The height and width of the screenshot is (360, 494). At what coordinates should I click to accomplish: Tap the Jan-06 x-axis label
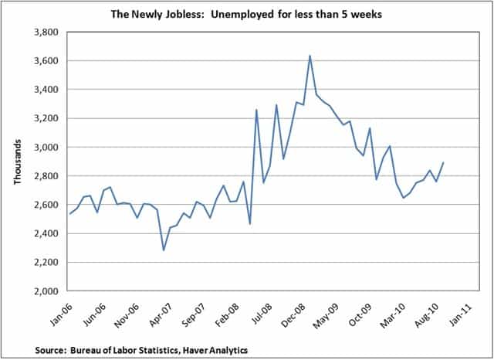pos(58,310)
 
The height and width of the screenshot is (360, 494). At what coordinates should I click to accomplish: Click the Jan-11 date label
pos(462,310)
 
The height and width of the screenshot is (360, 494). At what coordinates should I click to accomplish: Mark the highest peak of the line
pos(310,56)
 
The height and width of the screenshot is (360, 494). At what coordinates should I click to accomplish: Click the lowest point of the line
pos(163,250)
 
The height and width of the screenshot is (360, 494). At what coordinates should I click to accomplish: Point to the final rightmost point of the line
pos(443,162)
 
